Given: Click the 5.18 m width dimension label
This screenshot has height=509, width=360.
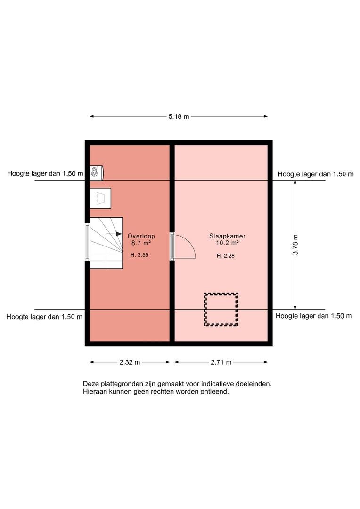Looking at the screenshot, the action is tap(179, 116).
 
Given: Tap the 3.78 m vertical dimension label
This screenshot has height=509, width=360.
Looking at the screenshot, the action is tap(295, 245).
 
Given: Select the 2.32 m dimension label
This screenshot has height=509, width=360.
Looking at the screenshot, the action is tap(130, 362).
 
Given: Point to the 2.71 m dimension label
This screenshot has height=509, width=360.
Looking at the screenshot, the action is tap(221, 362).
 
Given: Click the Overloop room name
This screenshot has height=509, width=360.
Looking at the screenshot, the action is tap(141, 236).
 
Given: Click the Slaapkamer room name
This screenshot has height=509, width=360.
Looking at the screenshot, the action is tap(227, 236).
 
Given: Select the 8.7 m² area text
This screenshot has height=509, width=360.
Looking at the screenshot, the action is tap(141, 243).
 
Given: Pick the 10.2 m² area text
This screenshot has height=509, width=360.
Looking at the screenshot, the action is tap(228, 243).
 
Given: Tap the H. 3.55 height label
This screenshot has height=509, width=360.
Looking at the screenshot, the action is tap(139, 255).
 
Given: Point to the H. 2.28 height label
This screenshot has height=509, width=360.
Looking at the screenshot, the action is tap(226, 256).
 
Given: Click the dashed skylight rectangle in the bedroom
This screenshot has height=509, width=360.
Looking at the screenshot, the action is tap(221, 294).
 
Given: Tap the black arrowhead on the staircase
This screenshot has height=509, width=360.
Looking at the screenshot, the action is tap(119, 234).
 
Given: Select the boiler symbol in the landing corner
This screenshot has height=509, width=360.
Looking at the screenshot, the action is tap(97, 172).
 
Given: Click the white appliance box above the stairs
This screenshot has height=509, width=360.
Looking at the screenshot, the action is tap(101, 198).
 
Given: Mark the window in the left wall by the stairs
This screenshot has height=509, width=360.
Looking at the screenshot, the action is tap(87, 242).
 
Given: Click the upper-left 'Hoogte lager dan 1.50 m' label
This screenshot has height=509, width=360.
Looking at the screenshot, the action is tap(45, 173).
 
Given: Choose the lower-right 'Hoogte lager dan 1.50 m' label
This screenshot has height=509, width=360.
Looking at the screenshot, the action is tap(313, 316).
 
